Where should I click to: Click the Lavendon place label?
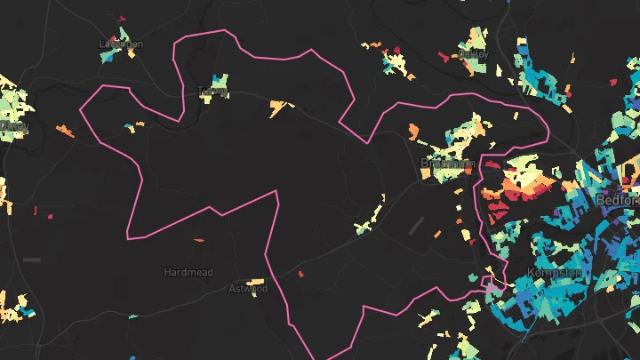click(x=121, y=44)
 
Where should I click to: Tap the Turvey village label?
click(x=213, y=91)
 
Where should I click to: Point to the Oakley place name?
click(x=474, y=53)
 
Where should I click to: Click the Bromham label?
click(x=447, y=164)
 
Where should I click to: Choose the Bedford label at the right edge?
click(x=621, y=200)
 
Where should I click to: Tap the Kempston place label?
click(x=554, y=272)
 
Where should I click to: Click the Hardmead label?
click(x=188, y=272)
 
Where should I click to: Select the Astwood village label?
click(x=248, y=288)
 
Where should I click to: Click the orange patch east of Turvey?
click(x=281, y=108)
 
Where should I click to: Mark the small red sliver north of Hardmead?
click(x=198, y=239)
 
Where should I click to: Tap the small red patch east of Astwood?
click(x=300, y=274)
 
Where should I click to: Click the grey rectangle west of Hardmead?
click(x=32, y=260)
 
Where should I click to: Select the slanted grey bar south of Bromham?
click(x=414, y=226)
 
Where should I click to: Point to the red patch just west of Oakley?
click(x=443, y=56)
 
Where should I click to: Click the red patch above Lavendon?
click(x=123, y=18)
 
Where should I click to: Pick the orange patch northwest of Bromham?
click(x=413, y=131)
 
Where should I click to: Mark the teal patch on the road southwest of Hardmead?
click(x=132, y=316)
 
